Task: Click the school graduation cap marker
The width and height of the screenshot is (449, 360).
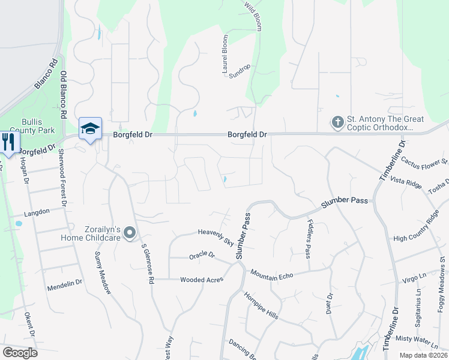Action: click(90, 128)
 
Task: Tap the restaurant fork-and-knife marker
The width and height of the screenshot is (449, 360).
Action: click(8, 142)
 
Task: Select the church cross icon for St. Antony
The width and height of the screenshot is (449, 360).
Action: click(337, 122)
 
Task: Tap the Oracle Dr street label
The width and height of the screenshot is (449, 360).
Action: click(202, 255)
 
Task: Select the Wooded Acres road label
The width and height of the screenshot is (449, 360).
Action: click(202, 280)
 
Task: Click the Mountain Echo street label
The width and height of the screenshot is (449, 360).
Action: click(272, 275)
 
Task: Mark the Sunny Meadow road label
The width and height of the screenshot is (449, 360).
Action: click(103, 272)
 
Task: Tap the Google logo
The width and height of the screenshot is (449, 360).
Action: click(20, 352)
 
